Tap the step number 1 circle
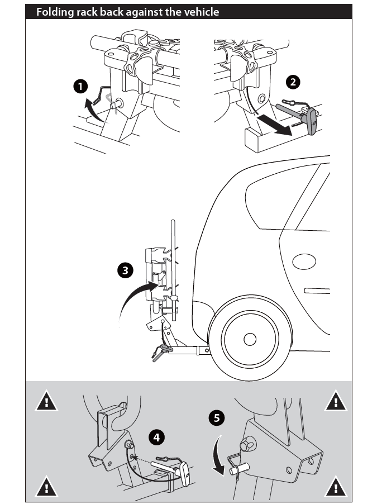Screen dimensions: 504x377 81,87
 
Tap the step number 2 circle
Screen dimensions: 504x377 293,82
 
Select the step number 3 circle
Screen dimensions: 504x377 126,270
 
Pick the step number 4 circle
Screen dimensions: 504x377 158,438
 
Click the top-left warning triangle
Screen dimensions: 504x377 47,401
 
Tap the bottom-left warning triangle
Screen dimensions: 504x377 47,487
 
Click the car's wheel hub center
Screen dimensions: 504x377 249,339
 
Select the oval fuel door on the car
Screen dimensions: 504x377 304,261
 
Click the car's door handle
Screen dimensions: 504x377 317,291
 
